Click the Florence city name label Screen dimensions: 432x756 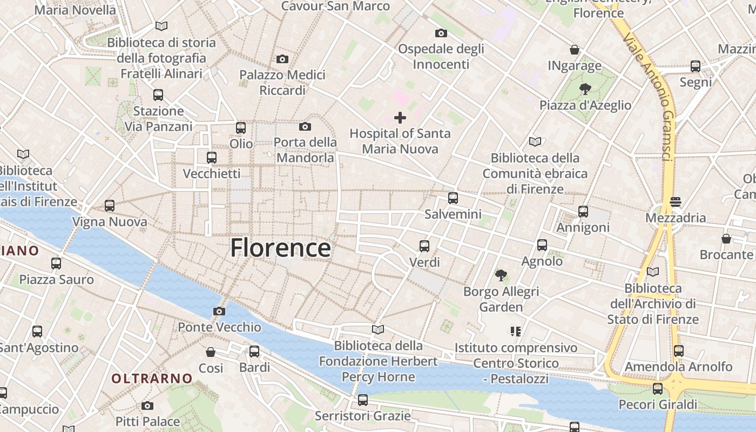tap(280, 248)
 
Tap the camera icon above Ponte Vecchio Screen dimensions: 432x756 tap(219, 311)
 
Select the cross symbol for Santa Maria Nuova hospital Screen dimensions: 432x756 tap(400, 117)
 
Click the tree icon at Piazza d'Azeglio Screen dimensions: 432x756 tap(585, 89)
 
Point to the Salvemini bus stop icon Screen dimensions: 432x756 tap(453, 198)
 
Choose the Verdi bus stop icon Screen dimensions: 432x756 tap(424, 246)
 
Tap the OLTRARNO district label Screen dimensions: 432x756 tap(152, 378)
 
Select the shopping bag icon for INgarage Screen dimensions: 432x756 tap(575, 50)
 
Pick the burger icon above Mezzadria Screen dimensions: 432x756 tap(676, 202)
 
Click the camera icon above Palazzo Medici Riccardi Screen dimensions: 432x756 tap(282, 59)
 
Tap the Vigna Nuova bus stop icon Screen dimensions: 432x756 tap(110, 206)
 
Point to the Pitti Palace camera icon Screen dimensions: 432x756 tap(147, 406)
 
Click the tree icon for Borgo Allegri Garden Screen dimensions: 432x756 tap(501, 275)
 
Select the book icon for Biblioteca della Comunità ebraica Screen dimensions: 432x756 tap(535, 142)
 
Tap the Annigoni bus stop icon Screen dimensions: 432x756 tap(583, 211)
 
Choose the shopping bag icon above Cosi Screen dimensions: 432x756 tap(211, 352)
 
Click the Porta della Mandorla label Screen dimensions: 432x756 tap(305, 150)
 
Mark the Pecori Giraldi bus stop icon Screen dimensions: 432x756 tap(657, 388)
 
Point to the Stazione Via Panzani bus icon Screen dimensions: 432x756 tap(158, 95)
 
